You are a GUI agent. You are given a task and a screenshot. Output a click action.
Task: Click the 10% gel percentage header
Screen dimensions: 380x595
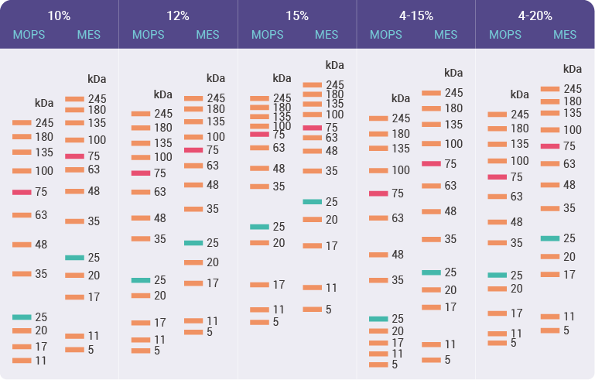point(59,15)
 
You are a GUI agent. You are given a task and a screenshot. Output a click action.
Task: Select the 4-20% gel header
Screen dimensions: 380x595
point(535,15)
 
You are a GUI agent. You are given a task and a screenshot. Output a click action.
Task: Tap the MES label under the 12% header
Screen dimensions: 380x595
point(207,35)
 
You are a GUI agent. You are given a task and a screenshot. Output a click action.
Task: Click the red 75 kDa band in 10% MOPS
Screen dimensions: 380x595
point(22,192)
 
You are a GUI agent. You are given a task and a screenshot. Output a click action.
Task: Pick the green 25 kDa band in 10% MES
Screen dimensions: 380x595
point(74,257)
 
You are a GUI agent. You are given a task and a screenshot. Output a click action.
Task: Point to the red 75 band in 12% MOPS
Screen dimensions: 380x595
point(141,173)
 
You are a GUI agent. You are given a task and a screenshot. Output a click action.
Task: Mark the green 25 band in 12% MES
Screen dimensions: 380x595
point(193,243)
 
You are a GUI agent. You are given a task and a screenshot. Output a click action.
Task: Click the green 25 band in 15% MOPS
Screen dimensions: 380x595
point(259,227)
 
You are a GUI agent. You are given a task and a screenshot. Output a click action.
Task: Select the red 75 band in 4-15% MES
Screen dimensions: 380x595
point(431,164)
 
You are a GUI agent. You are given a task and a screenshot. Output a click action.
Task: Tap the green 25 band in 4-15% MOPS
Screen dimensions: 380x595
point(378,319)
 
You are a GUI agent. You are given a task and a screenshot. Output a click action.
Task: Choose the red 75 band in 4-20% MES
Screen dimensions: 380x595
point(550,146)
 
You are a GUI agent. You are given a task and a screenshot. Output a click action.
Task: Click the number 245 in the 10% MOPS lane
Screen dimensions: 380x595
point(44,123)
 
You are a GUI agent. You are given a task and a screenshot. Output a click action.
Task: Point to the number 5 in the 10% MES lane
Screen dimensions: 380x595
point(91,349)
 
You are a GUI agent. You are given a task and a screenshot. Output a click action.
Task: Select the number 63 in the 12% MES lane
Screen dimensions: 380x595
point(213,166)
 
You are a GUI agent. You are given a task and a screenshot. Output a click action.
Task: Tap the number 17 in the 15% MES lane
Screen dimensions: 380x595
point(331,246)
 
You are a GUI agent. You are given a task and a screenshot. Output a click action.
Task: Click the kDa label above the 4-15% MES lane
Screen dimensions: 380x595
point(453,73)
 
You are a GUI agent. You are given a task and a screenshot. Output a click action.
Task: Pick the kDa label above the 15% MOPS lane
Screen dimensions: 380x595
point(282,78)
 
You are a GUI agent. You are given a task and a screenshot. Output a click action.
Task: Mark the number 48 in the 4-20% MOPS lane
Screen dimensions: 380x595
point(517,222)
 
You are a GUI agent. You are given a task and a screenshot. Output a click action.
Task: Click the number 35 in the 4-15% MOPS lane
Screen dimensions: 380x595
point(398,280)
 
